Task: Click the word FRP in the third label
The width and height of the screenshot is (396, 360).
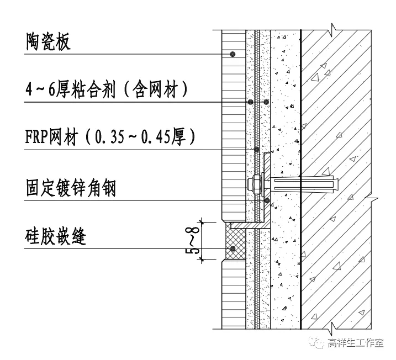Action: click(x=38, y=136)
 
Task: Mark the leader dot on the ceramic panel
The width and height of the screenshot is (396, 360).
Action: click(x=234, y=54)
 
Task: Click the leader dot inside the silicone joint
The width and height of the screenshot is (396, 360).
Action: click(x=233, y=250)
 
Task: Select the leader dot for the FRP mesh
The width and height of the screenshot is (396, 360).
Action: click(x=257, y=150)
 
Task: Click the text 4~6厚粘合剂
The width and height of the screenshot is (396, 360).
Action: click(x=70, y=89)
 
